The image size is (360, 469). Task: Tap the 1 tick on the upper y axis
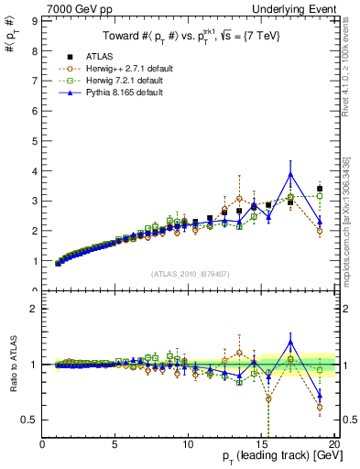click(34, 261)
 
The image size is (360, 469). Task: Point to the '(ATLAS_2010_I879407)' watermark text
click(190, 274)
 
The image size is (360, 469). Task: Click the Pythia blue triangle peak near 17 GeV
click(290, 174)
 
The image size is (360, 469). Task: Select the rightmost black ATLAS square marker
click(320, 189)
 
